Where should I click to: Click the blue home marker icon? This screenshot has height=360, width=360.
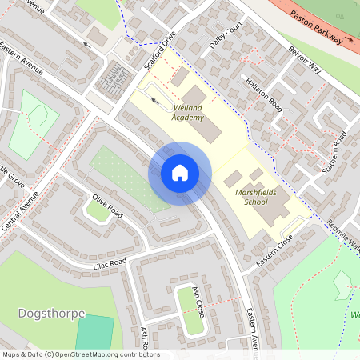coord(180,173)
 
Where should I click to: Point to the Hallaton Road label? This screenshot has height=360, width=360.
coord(265,94)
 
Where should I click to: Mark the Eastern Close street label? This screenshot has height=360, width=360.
coord(276,249)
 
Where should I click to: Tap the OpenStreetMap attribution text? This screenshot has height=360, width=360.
coord(80,354)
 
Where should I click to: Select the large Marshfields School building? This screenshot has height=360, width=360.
coord(270,206)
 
